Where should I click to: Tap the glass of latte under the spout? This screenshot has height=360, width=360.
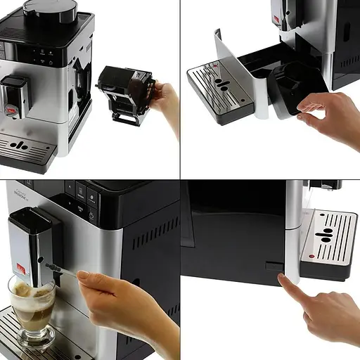(x=32, y=309)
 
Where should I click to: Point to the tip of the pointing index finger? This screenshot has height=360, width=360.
(x=282, y=278)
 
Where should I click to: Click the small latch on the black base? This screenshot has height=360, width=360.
(x=271, y=266)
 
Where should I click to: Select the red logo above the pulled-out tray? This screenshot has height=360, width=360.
(x=276, y=19)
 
